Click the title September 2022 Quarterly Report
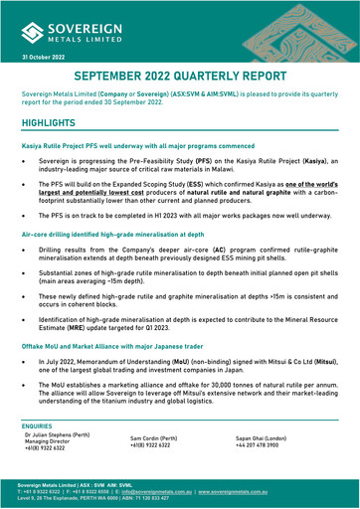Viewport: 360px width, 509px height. (x=181, y=79)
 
